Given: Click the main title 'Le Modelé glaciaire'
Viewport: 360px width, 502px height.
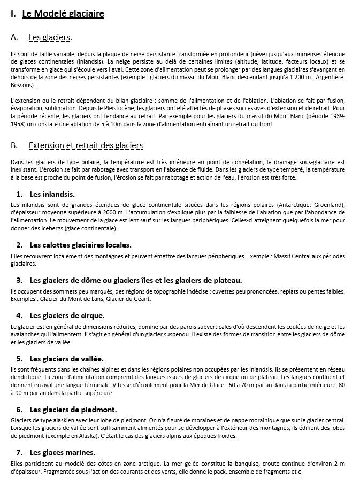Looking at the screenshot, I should (x=63, y=14).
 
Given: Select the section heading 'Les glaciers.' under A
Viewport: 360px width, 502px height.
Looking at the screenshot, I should (x=50, y=37).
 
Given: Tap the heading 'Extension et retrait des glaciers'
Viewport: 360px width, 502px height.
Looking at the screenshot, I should (x=86, y=145).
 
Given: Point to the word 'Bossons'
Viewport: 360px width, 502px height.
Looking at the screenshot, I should (x=22, y=85).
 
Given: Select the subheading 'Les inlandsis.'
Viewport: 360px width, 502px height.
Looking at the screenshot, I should (x=52, y=194).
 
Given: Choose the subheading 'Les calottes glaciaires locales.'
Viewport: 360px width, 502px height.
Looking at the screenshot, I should (x=80, y=245).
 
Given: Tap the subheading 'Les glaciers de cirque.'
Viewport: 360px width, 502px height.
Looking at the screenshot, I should (x=67, y=315).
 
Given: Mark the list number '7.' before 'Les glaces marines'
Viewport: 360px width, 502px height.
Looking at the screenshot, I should (x=19, y=452).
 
